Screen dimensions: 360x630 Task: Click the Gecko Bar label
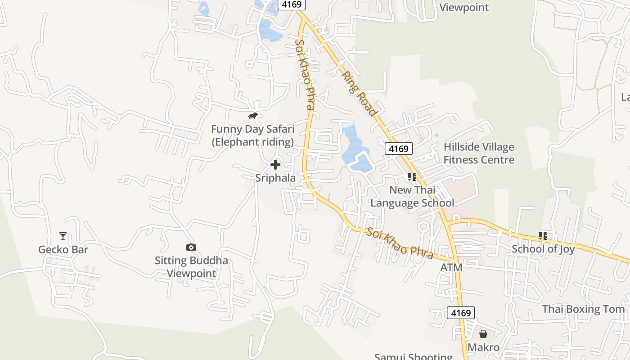[x=63, y=250]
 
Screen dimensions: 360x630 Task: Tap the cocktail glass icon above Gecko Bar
[x=63, y=236]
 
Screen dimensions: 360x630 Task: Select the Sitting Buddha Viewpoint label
[x=191, y=267]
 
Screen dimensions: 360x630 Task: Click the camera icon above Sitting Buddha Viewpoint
[x=191, y=247]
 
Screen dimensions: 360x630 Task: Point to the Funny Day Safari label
[x=252, y=135]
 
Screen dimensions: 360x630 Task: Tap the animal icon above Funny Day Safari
[x=253, y=116]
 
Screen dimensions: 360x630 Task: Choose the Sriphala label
[x=275, y=178]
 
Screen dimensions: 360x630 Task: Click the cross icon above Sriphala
[x=275, y=165]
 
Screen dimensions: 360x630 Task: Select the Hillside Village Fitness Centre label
[x=479, y=153]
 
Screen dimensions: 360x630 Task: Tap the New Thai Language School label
[x=412, y=196]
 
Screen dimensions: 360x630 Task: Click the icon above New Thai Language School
[x=412, y=177]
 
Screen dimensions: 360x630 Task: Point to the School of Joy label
[x=543, y=249]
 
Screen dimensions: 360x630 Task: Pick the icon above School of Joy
[x=543, y=235]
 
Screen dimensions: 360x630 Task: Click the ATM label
[x=451, y=268]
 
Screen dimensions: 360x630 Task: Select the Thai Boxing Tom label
[x=583, y=309]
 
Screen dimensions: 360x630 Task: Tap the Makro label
[x=483, y=347]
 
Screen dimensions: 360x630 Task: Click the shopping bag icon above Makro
[x=483, y=334]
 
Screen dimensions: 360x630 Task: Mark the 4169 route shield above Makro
[x=461, y=313]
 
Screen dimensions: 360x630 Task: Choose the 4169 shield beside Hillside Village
[x=399, y=148]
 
